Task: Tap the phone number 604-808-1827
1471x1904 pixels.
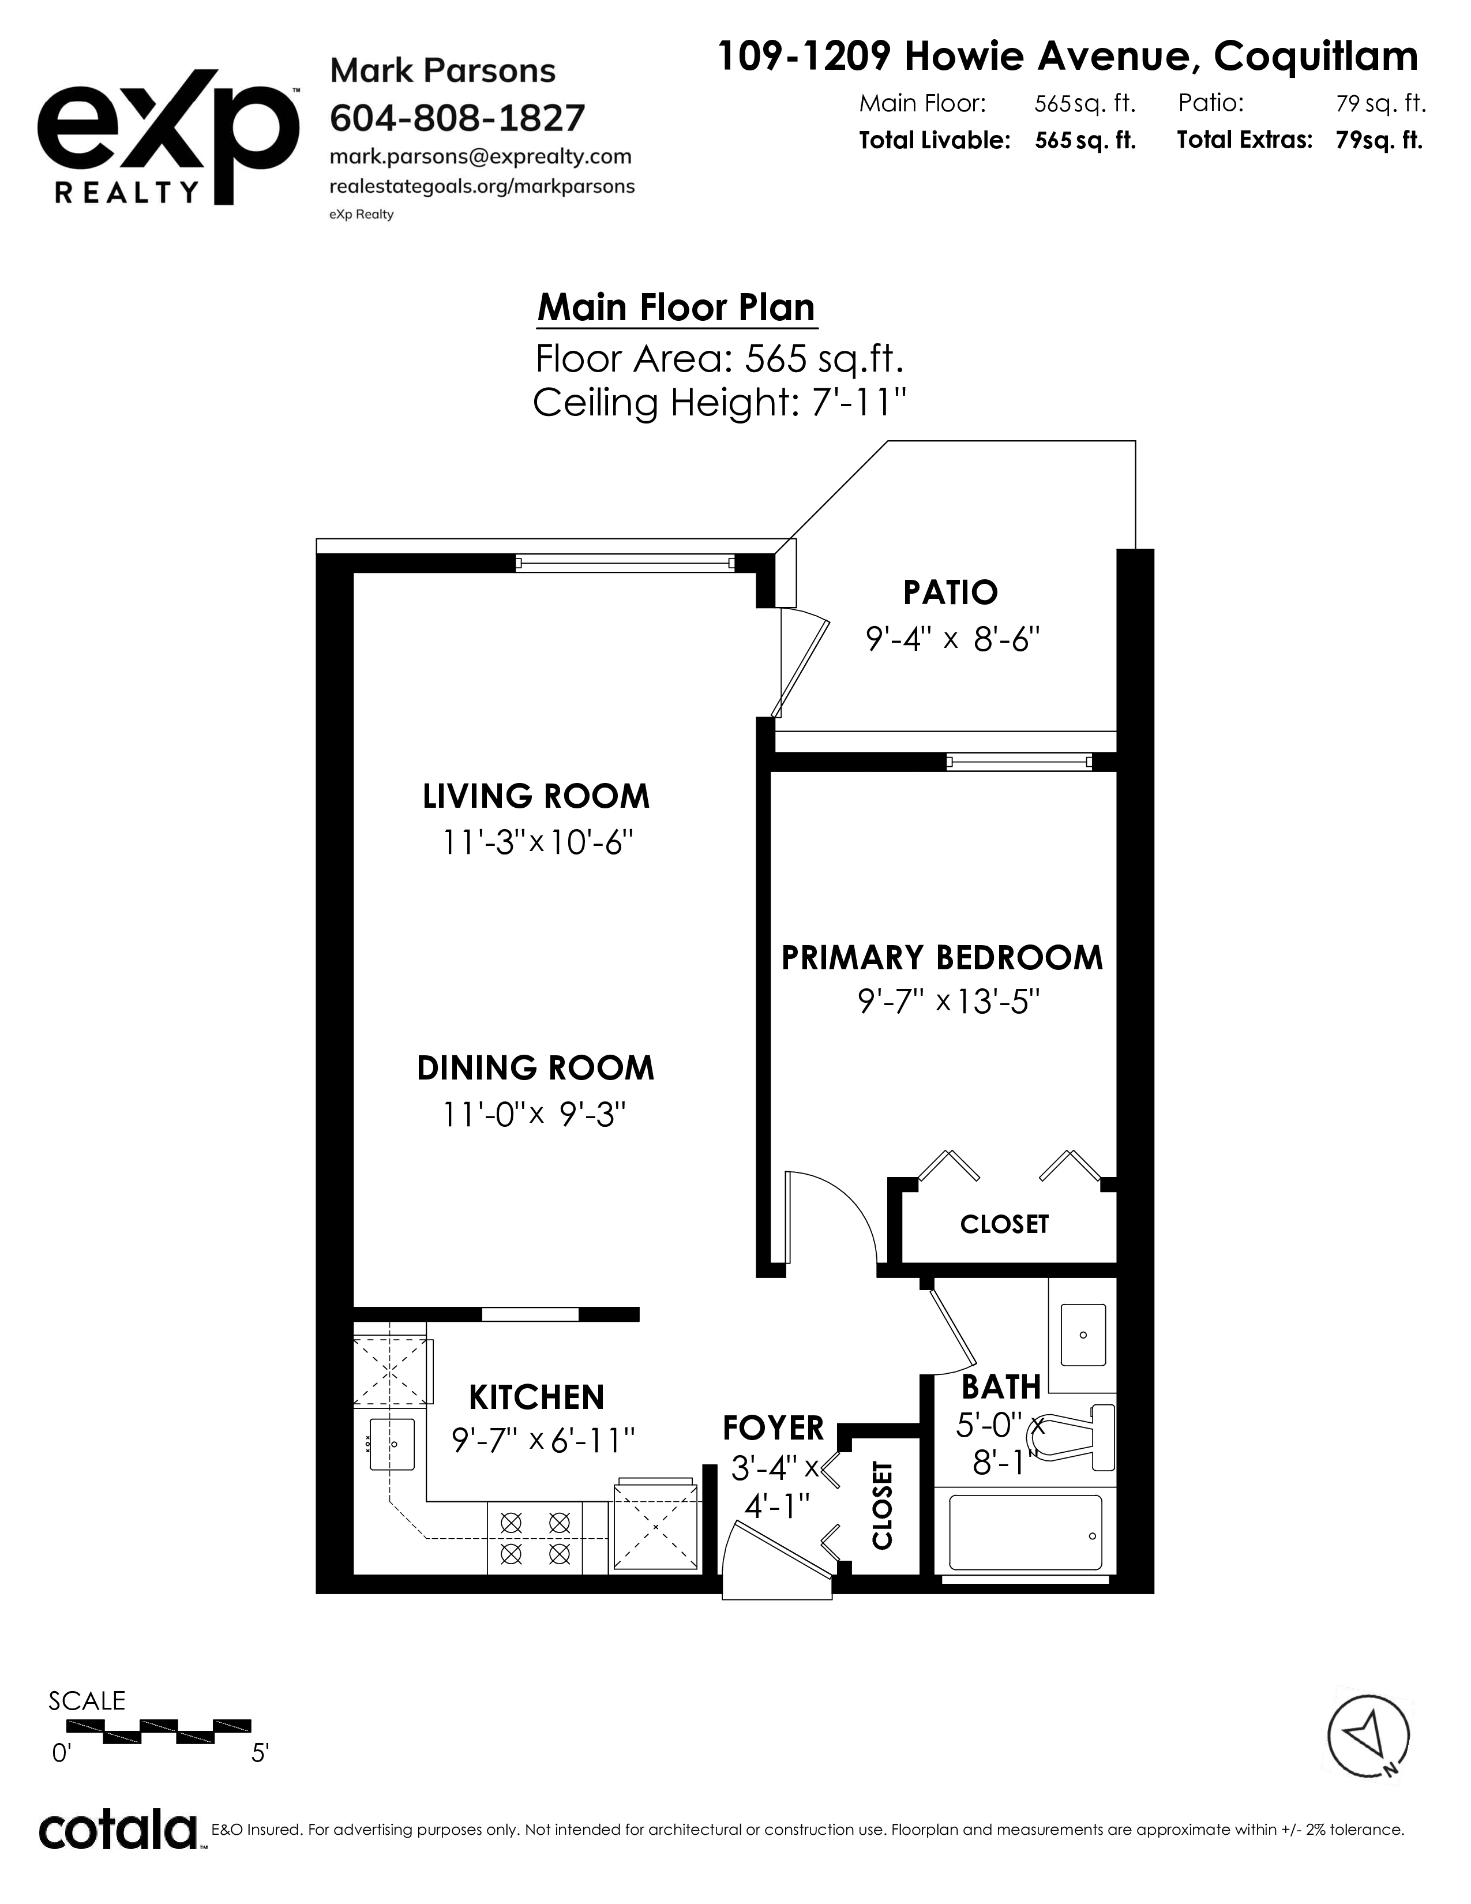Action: [x=457, y=118]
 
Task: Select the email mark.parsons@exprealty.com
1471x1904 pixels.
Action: [x=480, y=157]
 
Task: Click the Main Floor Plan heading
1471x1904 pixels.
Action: [x=676, y=308]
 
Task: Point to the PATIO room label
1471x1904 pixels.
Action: [x=950, y=593]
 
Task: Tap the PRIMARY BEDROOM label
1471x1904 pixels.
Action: [x=942, y=958]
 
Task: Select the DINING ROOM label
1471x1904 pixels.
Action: [x=535, y=1069]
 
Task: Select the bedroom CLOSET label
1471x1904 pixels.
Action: [x=1004, y=1224]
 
